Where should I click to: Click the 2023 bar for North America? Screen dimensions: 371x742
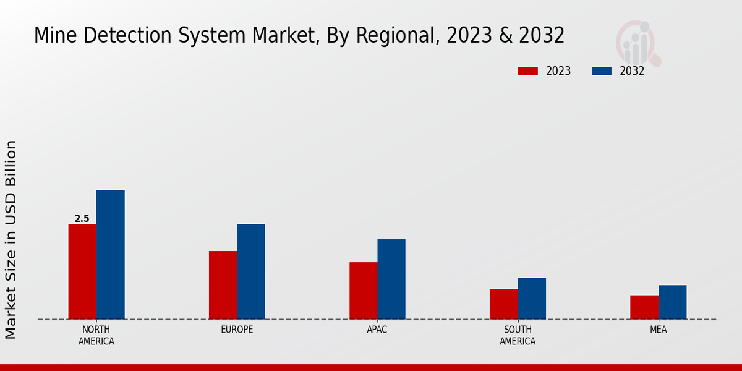point(82,272)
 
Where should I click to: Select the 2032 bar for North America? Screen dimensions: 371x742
point(110,255)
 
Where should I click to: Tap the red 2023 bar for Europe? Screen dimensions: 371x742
point(223,285)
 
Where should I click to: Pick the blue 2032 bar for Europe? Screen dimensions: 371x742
point(250,272)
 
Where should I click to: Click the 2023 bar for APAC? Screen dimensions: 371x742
point(363,291)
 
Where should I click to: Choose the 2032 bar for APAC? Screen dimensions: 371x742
point(391,279)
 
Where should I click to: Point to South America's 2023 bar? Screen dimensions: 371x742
point(503,304)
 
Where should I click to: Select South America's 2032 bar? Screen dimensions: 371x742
point(532,299)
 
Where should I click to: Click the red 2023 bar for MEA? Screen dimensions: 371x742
point(644,307)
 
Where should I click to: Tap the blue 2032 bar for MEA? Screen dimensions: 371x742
point(672,302)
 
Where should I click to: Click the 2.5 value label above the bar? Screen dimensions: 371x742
point(82,219)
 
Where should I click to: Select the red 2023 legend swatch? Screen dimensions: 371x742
point(528,71)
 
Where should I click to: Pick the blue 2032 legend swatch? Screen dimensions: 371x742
point(602,71)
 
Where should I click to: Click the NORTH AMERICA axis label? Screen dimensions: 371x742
point(96,335)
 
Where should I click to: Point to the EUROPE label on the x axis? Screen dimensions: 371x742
point(237,330)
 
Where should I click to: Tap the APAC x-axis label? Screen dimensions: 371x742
point(377,330)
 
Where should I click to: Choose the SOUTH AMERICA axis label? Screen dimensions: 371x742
point(518,335)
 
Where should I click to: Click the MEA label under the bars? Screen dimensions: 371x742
point(658,330)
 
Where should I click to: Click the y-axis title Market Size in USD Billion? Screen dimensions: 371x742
point(11,239)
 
